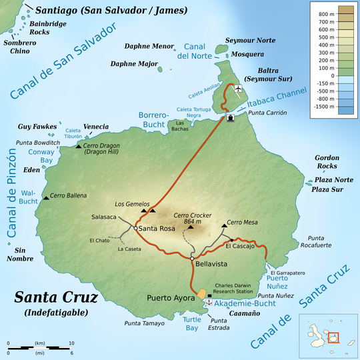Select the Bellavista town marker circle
[192, 257]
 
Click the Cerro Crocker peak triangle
[191, 227]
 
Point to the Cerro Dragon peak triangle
[79, 145]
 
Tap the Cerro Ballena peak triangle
[45, 197]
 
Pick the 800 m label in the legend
[327, 14]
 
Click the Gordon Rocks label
[327, 162]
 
